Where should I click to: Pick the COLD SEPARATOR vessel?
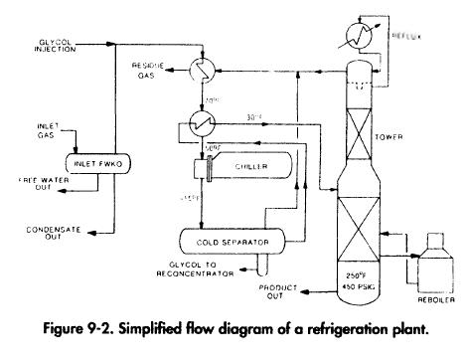tap(229, 239)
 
